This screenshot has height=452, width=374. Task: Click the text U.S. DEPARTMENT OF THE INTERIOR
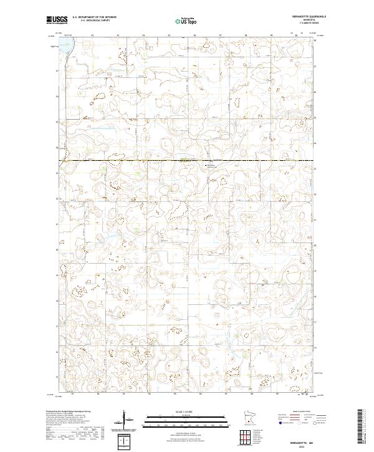[94, 17]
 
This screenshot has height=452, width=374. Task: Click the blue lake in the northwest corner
[65, 45]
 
